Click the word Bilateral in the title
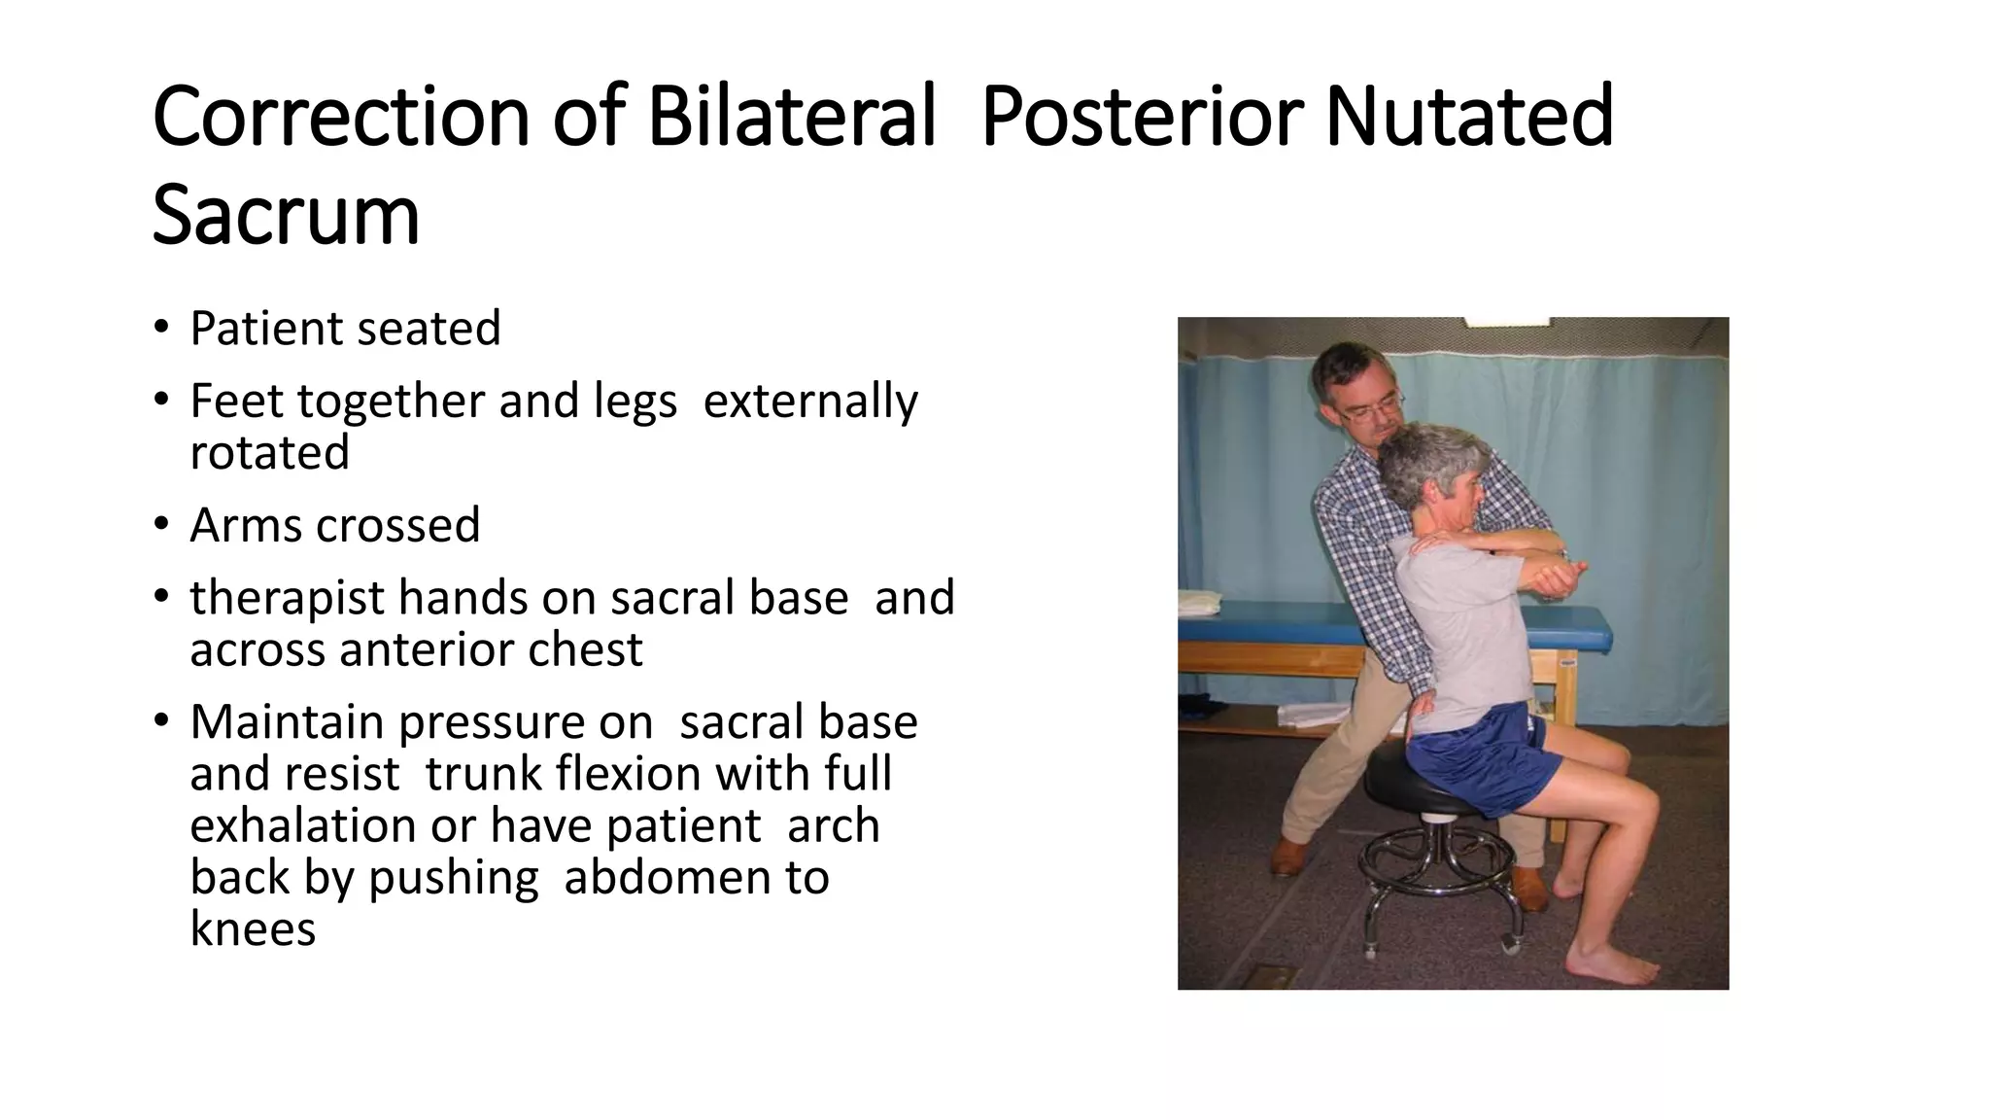tap(791, 118)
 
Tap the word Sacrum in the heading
tap(286, 216)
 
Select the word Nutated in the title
tap(1468, 118)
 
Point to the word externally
tap(809, 402)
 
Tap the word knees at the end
tap(253, 929)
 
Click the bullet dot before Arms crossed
tap(160, 525)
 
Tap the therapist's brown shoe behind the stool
tap(1290, 856)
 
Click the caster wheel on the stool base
tap(1508, 939)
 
